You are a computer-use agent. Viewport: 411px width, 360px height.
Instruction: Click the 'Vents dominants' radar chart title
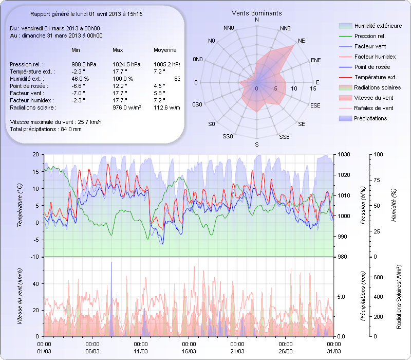click(x=256, y=12)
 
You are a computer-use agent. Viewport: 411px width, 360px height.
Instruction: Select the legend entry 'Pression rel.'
click(x=370, y=36)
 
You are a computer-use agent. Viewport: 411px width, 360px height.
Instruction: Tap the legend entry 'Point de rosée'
click(x=372, y=67)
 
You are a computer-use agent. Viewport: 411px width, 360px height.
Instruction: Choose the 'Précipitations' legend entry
click(x=370, y=118)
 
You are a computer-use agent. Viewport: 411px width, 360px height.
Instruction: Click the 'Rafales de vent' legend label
click(x=373, y=108)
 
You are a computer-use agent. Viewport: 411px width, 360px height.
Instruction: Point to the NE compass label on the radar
click(x=301, y=40)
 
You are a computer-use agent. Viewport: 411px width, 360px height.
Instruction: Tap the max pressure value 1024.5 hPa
click(x=126, y=64)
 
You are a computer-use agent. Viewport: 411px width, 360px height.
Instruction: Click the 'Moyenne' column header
click(x=165, y=50)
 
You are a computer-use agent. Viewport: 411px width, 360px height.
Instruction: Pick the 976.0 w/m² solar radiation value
click(x=127, y=107)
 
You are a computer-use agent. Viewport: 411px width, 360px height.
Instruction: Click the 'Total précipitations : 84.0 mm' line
click(x=46, y=129)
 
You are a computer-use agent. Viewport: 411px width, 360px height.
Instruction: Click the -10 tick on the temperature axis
click(x=35, y=257)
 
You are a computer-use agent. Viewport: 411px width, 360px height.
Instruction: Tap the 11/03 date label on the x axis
click(x=141, y=351)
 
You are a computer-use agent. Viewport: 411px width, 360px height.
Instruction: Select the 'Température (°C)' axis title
click(x=20, y=206)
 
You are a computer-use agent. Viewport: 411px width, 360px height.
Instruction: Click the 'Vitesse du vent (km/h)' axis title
click(x=20, y=297)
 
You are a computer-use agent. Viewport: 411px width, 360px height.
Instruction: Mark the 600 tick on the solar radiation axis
click(x=378, y=277)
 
